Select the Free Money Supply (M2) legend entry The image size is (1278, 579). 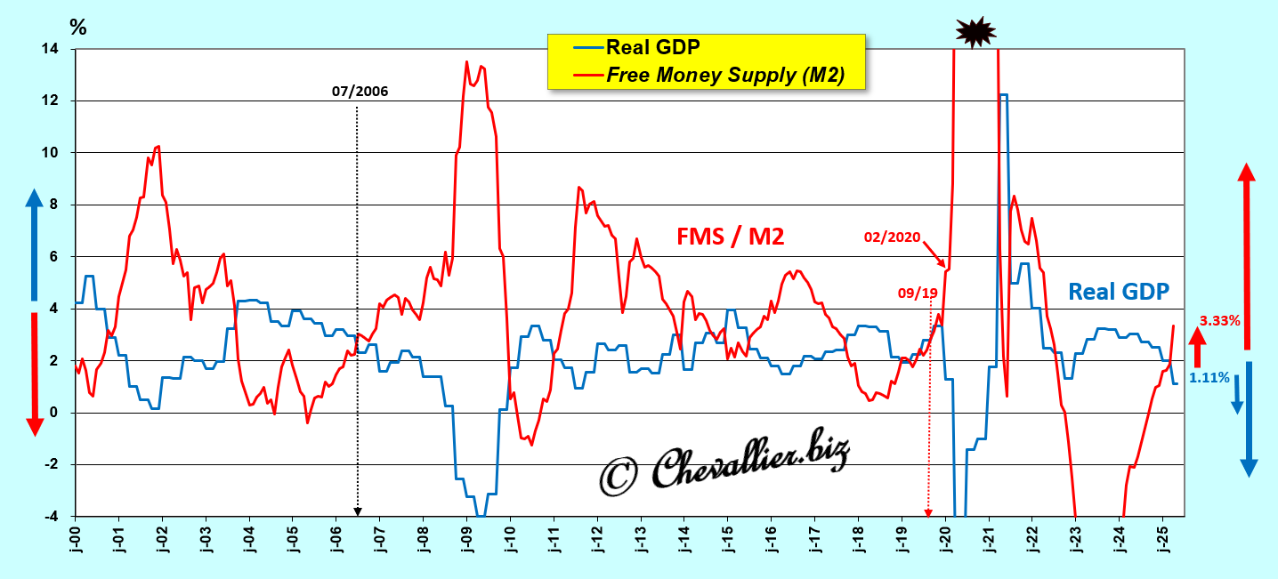pos(724,75)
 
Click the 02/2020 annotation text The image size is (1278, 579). pos(892,237)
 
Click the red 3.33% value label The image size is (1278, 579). pos(1219,320)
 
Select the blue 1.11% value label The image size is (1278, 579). pos(1209,378)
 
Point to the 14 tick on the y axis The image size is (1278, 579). pos(51,49)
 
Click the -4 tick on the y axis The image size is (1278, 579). pos(51,517)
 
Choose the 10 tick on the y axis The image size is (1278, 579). pos(51,153)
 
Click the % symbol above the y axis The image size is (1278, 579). pos(78,28)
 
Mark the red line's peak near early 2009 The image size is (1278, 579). pos(467,61)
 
